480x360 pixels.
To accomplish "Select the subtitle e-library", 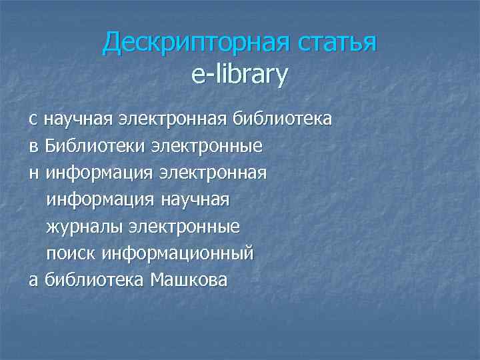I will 239,75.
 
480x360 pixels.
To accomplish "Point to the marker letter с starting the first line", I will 33,119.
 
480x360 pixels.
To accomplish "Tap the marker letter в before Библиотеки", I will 33,146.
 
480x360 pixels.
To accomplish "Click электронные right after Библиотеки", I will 206,146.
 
